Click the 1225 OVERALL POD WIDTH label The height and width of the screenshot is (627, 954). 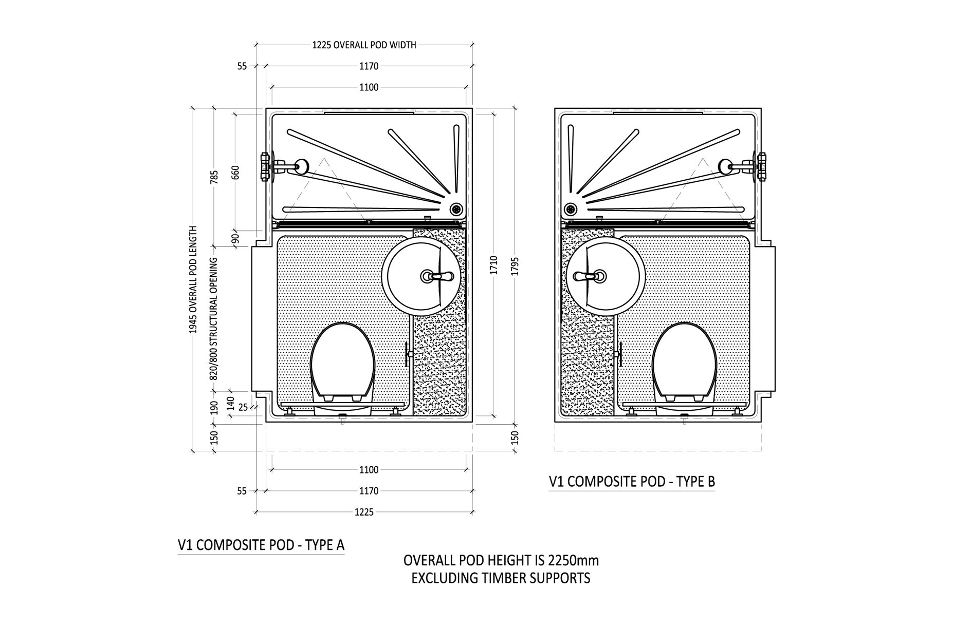[364, 45]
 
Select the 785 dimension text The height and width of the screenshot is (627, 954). [215, 177]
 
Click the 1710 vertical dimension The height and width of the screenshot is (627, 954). [494, 265]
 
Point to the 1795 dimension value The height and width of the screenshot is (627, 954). [516, 266]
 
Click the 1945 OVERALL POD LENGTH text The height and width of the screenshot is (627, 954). [193, 280]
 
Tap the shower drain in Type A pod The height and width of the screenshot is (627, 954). [456, 209]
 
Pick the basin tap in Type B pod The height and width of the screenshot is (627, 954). [591, 277]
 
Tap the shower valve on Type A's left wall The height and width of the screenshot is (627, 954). [266, 167]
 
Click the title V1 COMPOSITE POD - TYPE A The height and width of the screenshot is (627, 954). [261, 545]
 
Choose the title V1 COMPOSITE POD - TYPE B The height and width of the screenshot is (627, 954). [632, 482]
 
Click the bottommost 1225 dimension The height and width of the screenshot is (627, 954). [364, 512]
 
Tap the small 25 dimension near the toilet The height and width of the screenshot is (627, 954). [243, 408]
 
